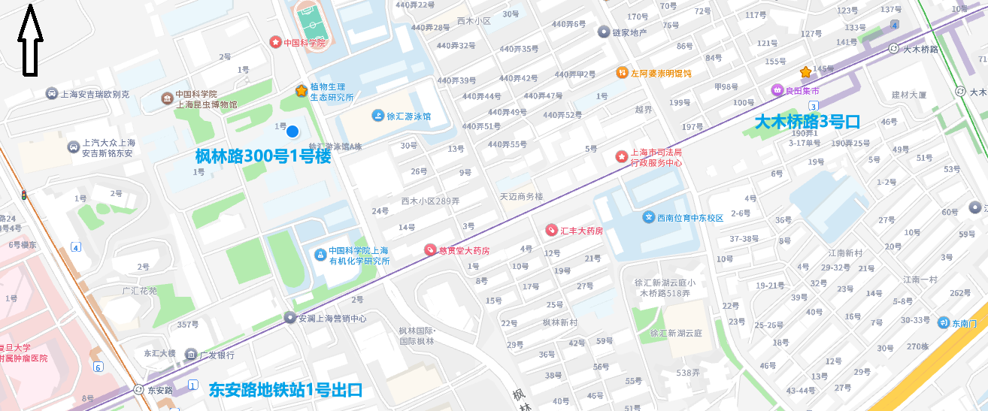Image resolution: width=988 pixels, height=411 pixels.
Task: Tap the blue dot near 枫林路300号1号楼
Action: tap(292, 131)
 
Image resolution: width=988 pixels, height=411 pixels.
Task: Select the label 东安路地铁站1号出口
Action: tap(286, 390)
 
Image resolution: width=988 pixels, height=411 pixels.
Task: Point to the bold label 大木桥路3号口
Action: tap(807, 122)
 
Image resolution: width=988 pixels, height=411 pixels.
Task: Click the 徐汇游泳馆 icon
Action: tap(377, 116)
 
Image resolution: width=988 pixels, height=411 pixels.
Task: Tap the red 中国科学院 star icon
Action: tap(275, 42)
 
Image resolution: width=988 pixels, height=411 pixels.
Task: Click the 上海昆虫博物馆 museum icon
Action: tap(167, 98)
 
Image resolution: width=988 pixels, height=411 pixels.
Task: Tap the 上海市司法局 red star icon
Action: tap(622, 156)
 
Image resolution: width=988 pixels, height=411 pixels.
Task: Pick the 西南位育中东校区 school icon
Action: tap(648, 217)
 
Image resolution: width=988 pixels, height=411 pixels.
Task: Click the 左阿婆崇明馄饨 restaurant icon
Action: tap(622, 73)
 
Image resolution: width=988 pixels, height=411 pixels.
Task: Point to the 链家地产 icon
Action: tap(603, 32)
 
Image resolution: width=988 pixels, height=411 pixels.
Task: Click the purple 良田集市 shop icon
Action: tap(777, 91)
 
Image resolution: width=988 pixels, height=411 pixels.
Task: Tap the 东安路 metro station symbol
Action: tap(138, 390)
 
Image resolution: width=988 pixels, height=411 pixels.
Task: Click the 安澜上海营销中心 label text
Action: tap(332, 319)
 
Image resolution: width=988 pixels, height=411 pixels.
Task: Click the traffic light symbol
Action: tap(24, 196)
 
